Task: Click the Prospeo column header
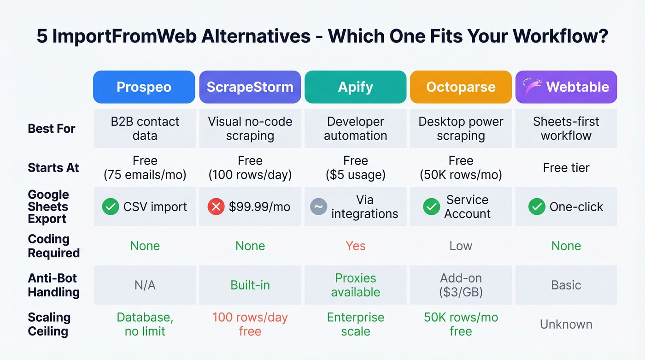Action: click(x=144, y=87)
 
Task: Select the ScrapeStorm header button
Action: click(x=250, y=87)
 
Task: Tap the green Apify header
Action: click(x=355, y=87)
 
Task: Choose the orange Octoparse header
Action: click(x=461, y=87)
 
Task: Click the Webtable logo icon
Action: click(x=532, y=87)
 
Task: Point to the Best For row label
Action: click(x=52, y=129)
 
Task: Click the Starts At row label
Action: click(x=53, y=168)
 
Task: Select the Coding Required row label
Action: click(x=53, y=246)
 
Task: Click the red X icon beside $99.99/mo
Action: click(x=216, y=207)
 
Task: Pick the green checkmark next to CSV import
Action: click(x=111, y=207)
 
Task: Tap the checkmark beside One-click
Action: click(x=537, y=207)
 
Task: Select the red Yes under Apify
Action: click(x=355, y=246)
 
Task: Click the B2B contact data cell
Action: click(x=145, y=129)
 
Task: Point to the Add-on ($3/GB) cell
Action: click(x=461, y=285)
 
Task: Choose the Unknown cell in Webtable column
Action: click(x=566, y=324)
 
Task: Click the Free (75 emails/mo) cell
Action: click(x=145, y=168)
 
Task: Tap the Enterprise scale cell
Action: click(x=355, y=324)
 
